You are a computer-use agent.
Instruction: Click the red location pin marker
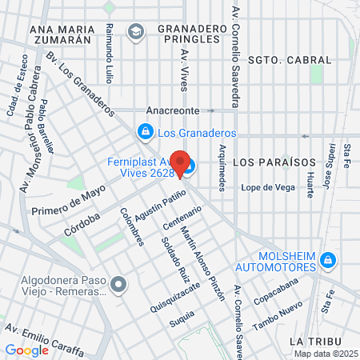181,164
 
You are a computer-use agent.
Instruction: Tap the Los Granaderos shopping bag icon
145,130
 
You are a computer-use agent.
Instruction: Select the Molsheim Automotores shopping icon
326,259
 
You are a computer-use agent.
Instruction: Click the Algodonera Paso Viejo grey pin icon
118,284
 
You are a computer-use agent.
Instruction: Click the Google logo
26,350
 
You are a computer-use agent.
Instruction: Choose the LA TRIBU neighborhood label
318,341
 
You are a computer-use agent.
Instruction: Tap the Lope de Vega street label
262,187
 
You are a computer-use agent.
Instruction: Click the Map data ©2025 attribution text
325,354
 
